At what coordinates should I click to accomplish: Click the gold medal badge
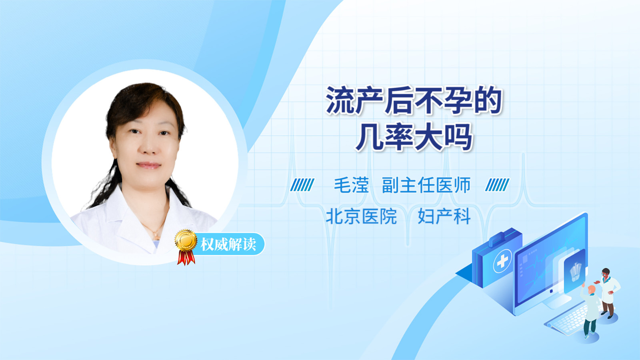186,240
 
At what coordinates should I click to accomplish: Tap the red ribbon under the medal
186,258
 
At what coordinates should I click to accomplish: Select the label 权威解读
228,244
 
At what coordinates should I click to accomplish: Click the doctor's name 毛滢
351,185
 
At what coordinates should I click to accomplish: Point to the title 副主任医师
426,185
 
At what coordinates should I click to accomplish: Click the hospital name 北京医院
361,216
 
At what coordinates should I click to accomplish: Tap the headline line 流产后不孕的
414,100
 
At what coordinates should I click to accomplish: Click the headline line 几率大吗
414,137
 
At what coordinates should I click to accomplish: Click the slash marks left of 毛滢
302,185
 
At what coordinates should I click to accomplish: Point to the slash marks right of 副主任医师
497,185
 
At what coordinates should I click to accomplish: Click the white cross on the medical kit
502,260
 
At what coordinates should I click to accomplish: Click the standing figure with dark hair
608,292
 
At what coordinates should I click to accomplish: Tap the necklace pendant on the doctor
156,235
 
